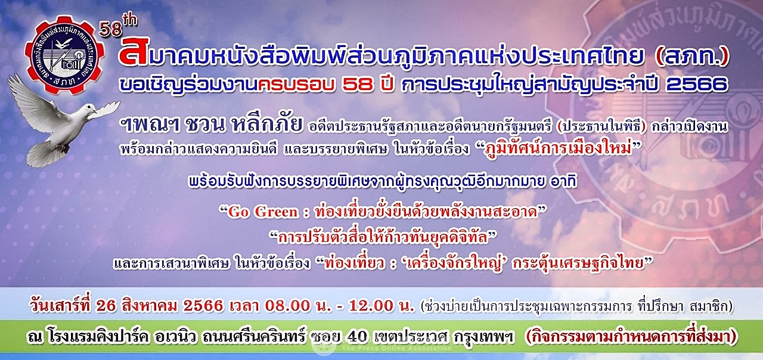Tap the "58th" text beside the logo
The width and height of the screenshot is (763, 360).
(x=118, y=27)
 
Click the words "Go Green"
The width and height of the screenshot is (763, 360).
(x=263, y=212)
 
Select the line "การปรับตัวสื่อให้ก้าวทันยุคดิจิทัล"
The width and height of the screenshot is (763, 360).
(x=383, y=237)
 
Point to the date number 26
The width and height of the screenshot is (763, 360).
(x=106, y=306)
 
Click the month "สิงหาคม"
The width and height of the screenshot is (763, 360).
(x=150, y=306)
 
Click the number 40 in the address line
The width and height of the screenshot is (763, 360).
(x=356, y=337)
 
